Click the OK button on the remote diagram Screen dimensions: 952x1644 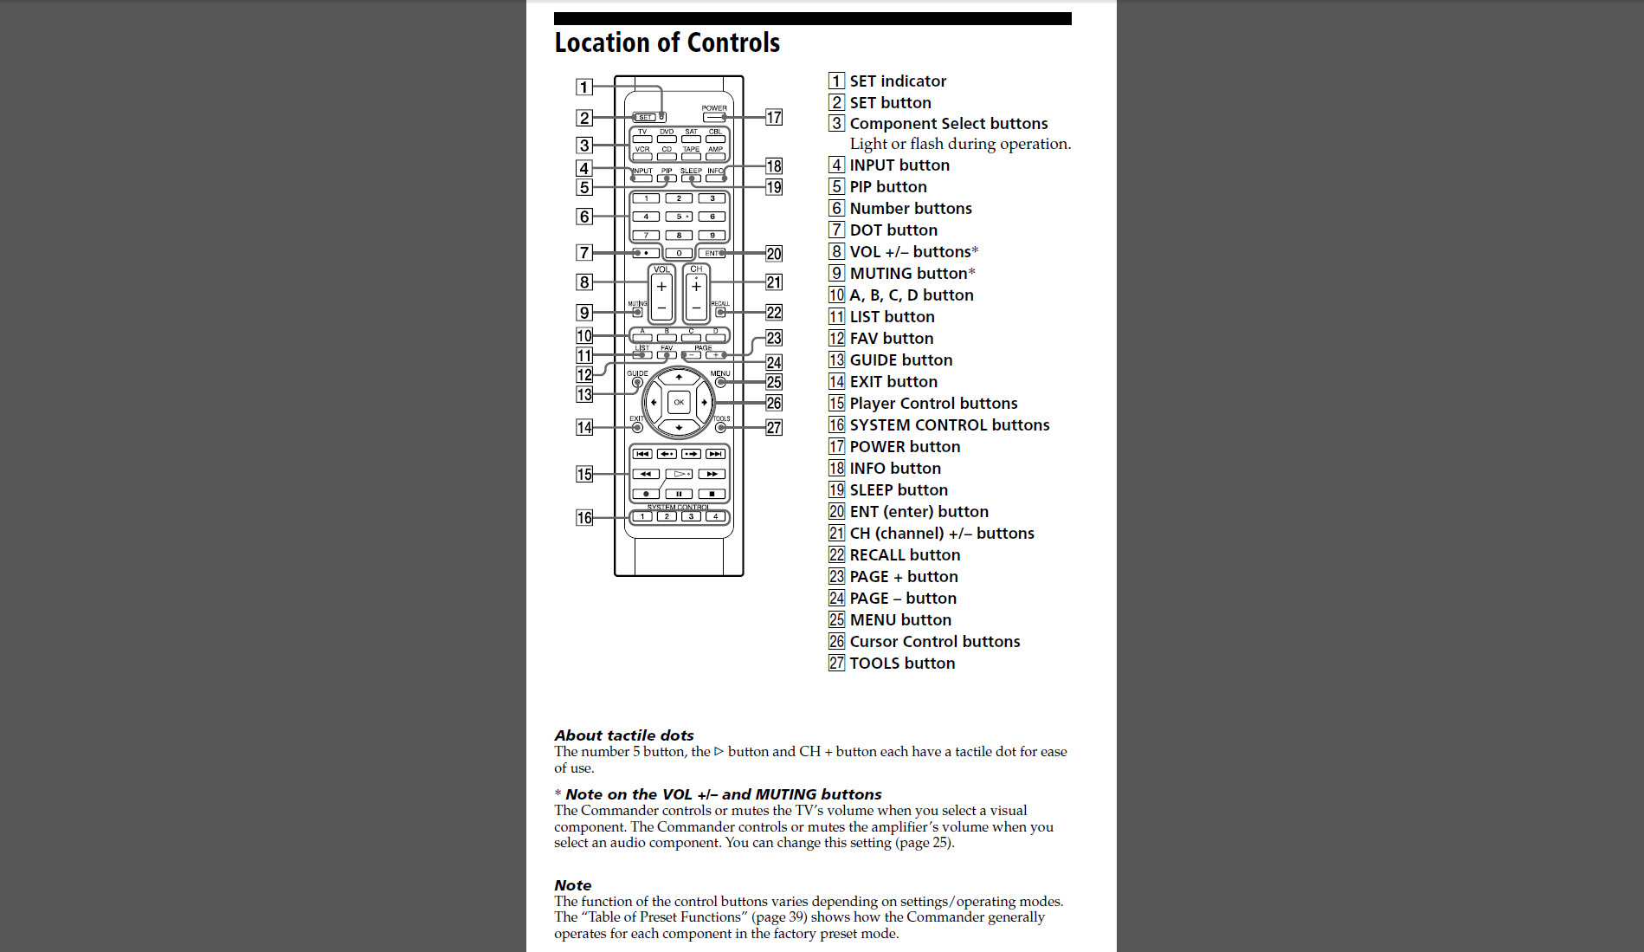pos(679,402)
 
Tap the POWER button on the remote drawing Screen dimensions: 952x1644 pos(713,117)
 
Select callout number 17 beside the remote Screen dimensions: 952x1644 pos(774,117)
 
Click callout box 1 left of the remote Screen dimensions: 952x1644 pos(584,87)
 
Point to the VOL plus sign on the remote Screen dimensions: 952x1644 pos(661,287)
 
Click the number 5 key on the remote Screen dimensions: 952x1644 pos(679,217)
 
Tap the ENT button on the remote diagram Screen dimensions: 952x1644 pos(712,253)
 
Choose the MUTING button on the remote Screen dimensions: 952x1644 pos(637,312)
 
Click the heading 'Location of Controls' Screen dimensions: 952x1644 pos(667,42)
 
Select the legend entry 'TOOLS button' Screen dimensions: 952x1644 pos(902,664)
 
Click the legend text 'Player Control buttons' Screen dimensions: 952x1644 pos(933,404)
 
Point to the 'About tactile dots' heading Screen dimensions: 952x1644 pos(624,735)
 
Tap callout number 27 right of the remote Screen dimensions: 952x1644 pos(774,428)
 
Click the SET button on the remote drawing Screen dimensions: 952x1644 pos(645,117)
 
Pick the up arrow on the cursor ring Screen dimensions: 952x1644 pos(679,377)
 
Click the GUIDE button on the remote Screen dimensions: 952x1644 pos(637,382)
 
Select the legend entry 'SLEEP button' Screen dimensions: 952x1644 pos(899,490)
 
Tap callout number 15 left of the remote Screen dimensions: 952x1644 pos(584,474)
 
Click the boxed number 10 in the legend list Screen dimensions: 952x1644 pos(836,295)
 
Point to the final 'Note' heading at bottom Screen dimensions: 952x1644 pos(573,885)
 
